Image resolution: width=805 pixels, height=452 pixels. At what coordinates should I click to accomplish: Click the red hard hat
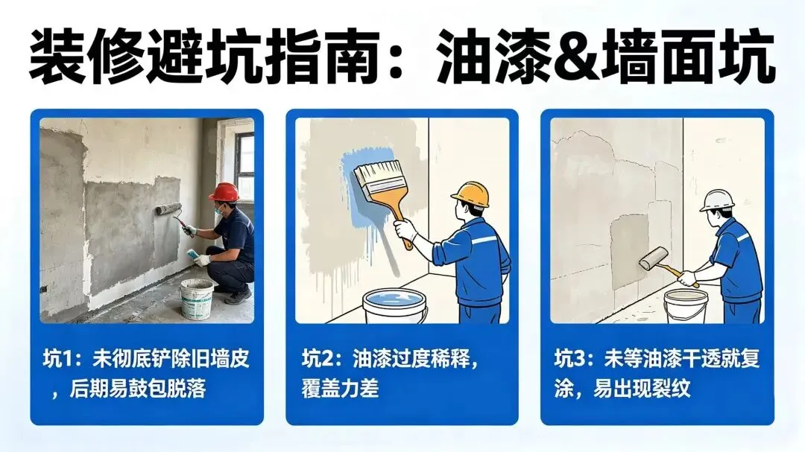click(x=224, y=192)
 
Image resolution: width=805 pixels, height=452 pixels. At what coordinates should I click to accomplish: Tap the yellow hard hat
click(x=470, y=194)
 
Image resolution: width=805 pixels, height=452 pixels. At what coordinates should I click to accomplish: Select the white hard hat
click(x=718, y=200)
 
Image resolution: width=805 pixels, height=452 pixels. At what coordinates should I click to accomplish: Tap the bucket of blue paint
click(x=395, y=306)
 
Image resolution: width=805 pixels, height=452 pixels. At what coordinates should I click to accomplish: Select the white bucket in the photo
click(x=196, y=299)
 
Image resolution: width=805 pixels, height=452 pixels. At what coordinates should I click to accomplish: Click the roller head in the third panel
click(x=653, y=258)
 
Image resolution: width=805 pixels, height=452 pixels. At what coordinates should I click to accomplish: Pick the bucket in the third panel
click(x=686, y=306)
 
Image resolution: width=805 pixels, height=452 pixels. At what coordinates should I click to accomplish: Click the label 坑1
click(x=60, y=359)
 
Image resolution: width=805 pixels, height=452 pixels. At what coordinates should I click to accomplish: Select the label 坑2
click(x=318, y=359)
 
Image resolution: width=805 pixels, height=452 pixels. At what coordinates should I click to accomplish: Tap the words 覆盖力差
click(x=340, y=389)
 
